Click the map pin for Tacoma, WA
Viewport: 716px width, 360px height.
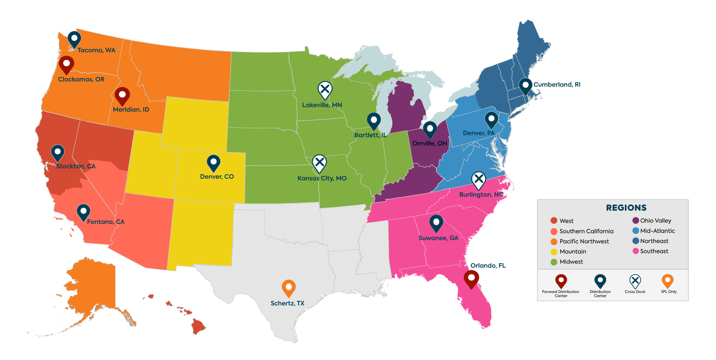pos(74,39)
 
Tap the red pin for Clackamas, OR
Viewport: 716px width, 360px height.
pos(66,64)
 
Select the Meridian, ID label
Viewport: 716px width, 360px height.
pos(131,110)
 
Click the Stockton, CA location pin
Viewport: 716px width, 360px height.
pos(57,152)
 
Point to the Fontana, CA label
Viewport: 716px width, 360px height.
pos(106,222)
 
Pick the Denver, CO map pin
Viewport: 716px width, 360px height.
pos(214,162)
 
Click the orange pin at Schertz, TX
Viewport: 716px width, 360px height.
pos(289,287)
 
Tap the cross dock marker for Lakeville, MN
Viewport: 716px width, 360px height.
pos(325,90)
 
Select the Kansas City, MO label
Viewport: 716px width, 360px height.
pos(322,178)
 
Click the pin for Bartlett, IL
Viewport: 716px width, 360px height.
pos(374,120)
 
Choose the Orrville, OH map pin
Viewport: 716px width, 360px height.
pos(430,129)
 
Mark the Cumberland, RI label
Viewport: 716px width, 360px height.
pos(557,85)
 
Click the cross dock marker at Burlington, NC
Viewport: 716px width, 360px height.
pos(478,180)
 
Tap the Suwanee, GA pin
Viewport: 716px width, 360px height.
pos(436,223)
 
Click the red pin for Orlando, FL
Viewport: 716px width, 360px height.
pos(471,278)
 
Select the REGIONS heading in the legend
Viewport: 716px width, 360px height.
pos(626,208)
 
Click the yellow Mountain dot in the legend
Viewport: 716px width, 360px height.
pos(554,252)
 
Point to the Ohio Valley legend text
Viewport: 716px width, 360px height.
pos(656,221)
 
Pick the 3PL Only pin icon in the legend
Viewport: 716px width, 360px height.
pos(667,281)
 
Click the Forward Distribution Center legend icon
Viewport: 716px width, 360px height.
pos(561,281)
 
